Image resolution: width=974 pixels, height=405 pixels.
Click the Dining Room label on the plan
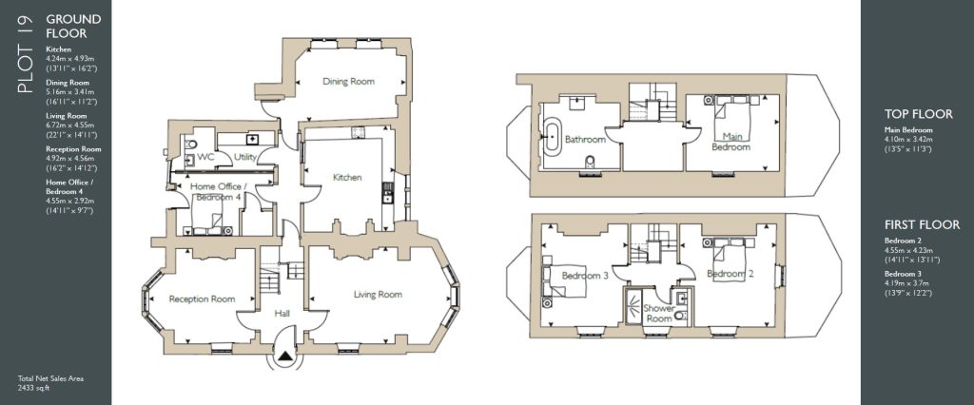click(x=348, y=82)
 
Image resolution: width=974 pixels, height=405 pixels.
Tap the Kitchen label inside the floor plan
click(x=347, y=178)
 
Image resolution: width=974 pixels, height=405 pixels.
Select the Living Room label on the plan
click(x=378, y=295)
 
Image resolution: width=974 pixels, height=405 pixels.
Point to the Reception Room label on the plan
click(x=202, y=299)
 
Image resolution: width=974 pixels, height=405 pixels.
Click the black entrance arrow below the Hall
click(x=285, y=357)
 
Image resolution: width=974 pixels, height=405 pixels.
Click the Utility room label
click(x=244, y=157)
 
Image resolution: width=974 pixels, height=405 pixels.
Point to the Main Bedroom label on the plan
click(x=730, y=142)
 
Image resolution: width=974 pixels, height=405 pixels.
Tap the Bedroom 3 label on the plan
click(x=585, y=276)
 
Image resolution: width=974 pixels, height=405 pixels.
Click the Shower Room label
click(x=658, y=313)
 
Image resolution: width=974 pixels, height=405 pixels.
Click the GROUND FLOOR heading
click(x=73, y=26)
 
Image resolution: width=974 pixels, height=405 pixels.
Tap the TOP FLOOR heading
click(x=918, y=114)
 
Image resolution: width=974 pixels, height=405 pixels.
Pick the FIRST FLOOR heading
click(x=922, y=225)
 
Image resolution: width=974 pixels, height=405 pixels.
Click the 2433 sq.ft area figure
click(x=33, y=389)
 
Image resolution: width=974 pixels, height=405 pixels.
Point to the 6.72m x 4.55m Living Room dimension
click(x=67, y=125)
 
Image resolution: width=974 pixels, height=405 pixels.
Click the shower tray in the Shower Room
click(x=634, y=307)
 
